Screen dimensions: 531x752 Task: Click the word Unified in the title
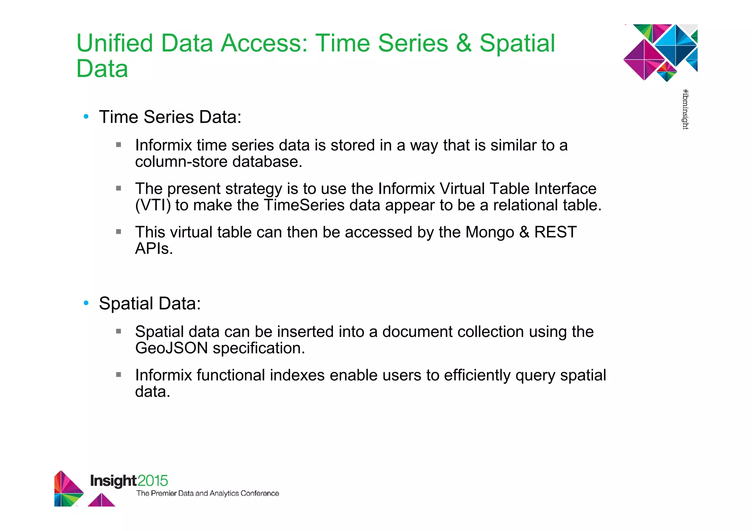(x=114, y=43)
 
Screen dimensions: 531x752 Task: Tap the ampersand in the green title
(x=464, y=43)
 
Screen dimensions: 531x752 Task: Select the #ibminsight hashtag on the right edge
(x=685, y=109)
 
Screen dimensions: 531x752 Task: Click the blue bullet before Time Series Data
(x=86, y=117)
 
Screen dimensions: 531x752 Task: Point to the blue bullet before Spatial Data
(x=86, y=303)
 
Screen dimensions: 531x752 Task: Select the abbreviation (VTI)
(x=153, y=205)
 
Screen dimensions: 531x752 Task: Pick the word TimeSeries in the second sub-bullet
(x=304, y=205)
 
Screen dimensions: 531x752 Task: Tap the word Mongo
(x=489, y=232)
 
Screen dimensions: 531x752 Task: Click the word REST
(x=555, y=232)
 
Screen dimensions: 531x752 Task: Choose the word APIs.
(x=154, y=249)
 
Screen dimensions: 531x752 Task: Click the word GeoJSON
(x=171, y=348)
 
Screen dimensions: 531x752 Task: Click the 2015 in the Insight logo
(x=153, y=481)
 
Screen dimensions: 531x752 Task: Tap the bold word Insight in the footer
(x=113, y=481)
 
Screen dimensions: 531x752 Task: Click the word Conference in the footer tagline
(x=260, y=494)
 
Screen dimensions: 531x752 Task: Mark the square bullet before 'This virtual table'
(x=119, y=232)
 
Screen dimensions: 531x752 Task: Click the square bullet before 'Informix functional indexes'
(x=119, y=375)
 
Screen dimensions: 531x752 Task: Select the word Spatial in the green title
(x=517, y=43)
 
